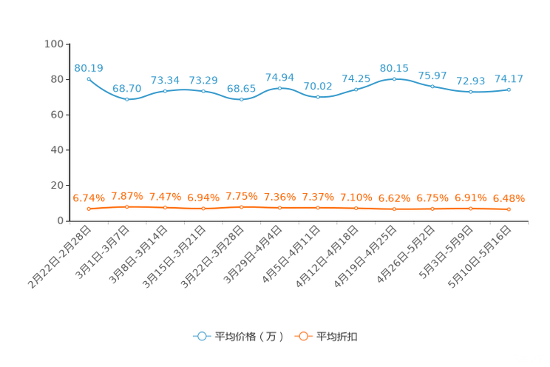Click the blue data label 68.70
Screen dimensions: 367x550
point(127,88)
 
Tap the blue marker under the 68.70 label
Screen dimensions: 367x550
point(127,99)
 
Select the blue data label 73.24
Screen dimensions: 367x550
point(165,79)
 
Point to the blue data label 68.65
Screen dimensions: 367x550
point(241,88)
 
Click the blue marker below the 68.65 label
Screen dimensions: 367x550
point(241,99)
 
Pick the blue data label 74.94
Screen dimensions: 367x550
point(279,76)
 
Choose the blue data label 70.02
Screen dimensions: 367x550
point(318,85)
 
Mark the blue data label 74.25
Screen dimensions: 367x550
point(356,78)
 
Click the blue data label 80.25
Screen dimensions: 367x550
point(394,67)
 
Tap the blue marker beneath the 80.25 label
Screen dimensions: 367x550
point(394,78)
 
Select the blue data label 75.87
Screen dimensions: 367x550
point(432,75)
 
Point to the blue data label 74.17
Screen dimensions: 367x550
point(509,78)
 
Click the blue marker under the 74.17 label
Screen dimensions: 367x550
point(509,89)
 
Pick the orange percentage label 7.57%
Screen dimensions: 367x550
point(126,197)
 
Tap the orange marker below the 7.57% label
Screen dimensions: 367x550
point(127,207)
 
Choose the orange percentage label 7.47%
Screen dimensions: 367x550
point(165,198)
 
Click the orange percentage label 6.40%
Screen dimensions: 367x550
point(509,198)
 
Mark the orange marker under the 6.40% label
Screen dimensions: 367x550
point(509,209)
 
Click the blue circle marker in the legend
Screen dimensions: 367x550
point(201,336)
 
